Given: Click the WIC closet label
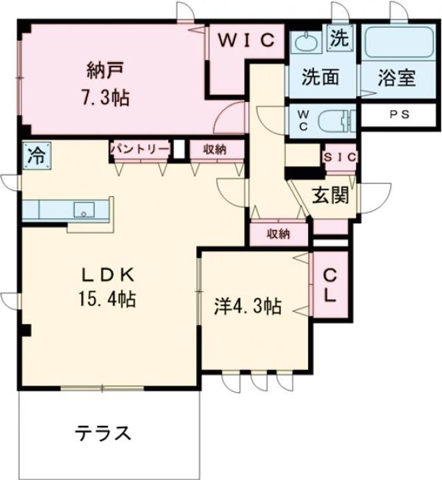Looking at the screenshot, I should pyautogui.click(x=246, y=39).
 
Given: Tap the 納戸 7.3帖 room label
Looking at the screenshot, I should pyautogui.click(x=107, y=83).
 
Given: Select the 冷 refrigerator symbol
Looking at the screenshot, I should pyautogui.click(x=34, y=156).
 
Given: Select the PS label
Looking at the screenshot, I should pyautogui.click(x=399, y=114).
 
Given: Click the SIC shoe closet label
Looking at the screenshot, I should pyautogui.click(x=340, y=157).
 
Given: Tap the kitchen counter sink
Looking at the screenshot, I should pyautogui.click(x=84, y=210).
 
